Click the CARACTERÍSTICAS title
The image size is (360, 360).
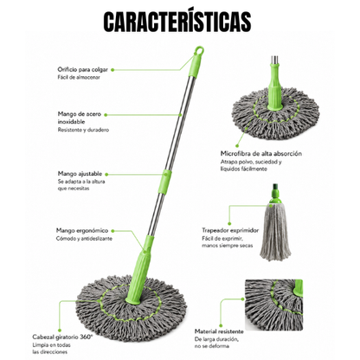[x=177, y=22]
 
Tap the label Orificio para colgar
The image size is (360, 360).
[x=82, y=69]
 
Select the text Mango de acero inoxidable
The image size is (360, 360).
[x=80, y=118]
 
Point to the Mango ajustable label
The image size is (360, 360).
[x=80, y=174]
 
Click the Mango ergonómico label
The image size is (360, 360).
[x=82, y=230]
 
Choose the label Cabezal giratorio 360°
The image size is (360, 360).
[x=62, y=337]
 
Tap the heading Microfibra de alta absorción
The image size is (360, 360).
[x=261, y=153]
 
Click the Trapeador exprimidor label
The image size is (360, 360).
[x=230, y=230]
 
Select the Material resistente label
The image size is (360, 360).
[x=219, y=331]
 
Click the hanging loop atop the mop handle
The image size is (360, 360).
[x=199, y=50]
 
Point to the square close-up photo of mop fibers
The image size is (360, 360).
[x=274, y=305]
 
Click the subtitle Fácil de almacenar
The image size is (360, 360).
[x=79, y=77]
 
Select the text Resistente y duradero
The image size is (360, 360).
[x=83, y=130]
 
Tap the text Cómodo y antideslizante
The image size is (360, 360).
[x=84, y=239]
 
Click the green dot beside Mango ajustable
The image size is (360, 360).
[x=106, y=174]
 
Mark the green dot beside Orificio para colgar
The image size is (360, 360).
[x=112, y=70]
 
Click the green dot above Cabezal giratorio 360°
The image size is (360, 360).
[x=60, y=330]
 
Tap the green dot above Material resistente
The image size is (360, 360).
[x=221, y=325]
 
